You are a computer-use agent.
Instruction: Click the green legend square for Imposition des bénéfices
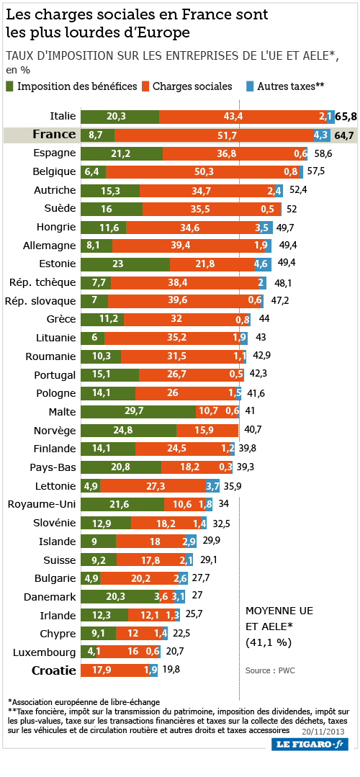[10, 86]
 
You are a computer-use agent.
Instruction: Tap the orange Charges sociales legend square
[145, 86]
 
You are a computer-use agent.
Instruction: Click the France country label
[55, 134]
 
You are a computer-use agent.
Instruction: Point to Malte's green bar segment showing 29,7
[138, 411]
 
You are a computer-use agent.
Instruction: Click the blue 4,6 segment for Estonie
[263, 264]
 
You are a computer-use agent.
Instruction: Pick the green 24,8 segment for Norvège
[128, 430]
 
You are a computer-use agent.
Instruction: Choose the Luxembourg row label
[52, 652]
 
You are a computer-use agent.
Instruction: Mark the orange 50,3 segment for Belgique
[202, 171]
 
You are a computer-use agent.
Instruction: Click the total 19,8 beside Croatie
[171, 670]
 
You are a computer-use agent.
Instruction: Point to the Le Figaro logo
[310, 745]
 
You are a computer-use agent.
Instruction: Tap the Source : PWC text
[270, 670]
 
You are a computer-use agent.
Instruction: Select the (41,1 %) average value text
[269, 643]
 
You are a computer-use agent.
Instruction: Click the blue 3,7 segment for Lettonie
[212, 485]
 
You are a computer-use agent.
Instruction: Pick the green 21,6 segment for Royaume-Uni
[122, 504]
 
